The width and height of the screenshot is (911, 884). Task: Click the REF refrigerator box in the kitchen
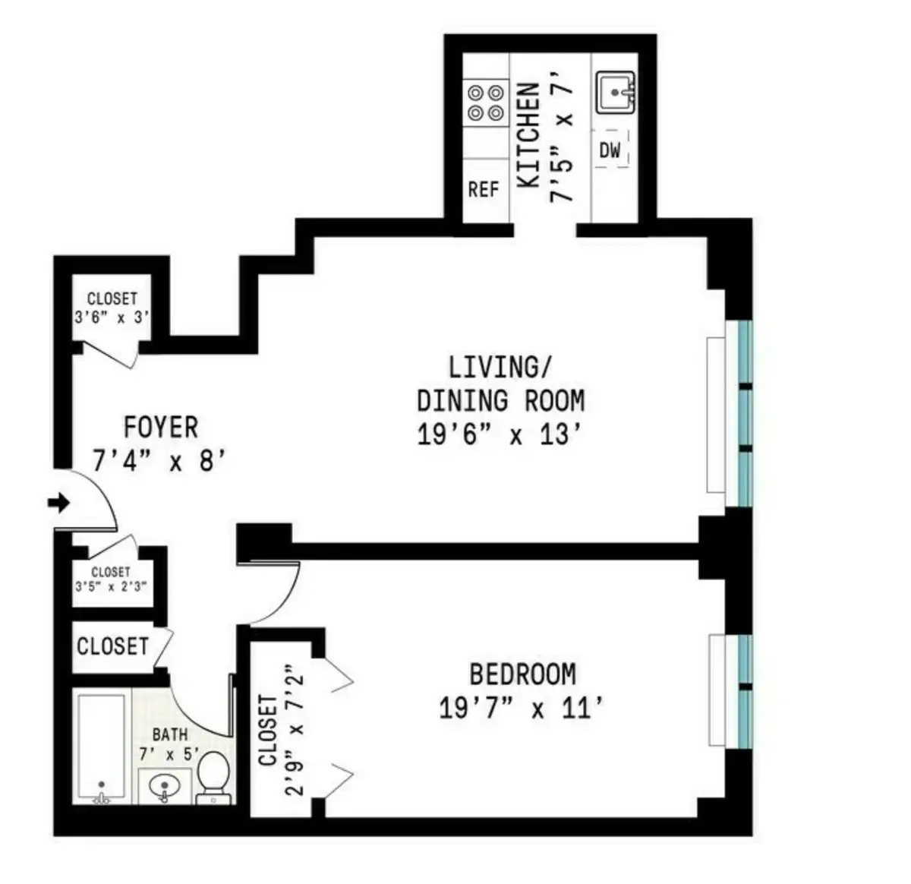click(x=484, y=190)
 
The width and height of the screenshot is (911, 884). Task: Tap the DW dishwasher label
click(x=610, y=150)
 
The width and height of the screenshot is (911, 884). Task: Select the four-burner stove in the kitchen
click(x=486, y=103)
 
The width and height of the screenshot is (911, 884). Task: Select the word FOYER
click(x=161, y=428)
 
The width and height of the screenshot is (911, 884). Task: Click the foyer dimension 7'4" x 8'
click(x=161, y=461)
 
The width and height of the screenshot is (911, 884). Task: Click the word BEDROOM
click(x=522, y=674)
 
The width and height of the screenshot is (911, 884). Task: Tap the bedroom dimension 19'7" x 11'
click(x=522, y=709)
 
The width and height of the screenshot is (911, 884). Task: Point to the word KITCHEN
click(x=528, y=135)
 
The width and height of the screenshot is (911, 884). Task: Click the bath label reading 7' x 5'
click(x=170, y=754)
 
